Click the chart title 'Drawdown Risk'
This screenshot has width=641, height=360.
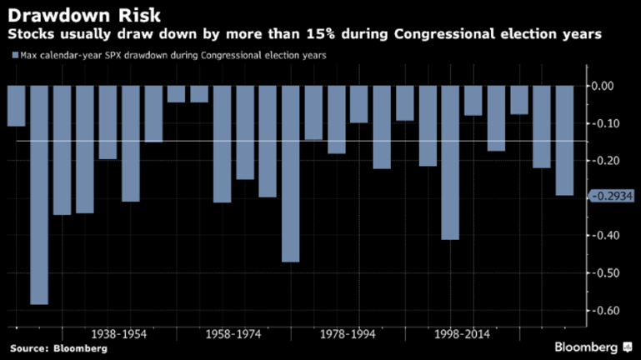[x=73, y=15]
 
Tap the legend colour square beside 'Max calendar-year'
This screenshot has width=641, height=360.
[x=13, y=56]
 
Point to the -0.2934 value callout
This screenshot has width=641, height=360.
[x=611, y=196]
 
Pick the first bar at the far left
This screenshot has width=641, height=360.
[x=16, y=106]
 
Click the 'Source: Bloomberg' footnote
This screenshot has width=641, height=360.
[x=58, y=348]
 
